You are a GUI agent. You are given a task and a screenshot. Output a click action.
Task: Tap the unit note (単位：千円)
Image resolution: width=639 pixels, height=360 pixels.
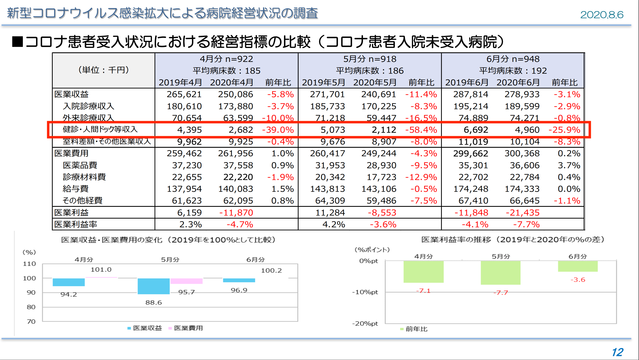pyautogui.click(x=95, y=71)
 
